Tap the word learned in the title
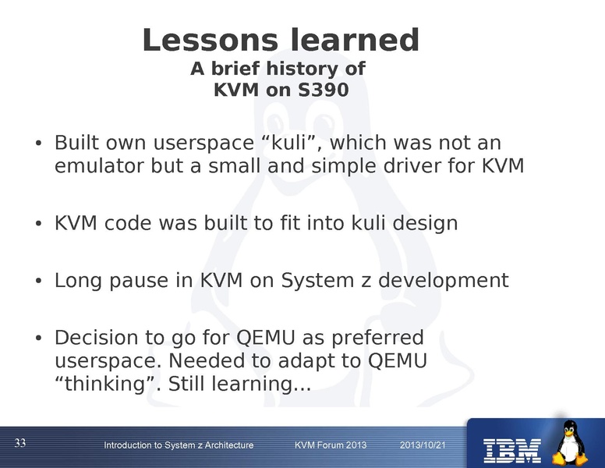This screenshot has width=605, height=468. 356,40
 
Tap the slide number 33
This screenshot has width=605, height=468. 20,443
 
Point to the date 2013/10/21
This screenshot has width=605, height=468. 422,445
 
